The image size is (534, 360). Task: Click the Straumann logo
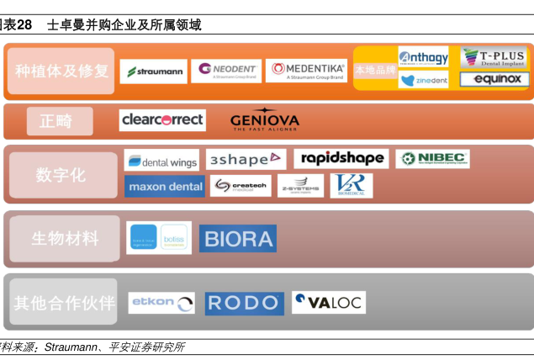point(153,71)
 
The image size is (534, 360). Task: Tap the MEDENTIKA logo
point(305,71)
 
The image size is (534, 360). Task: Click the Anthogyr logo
point(423,57)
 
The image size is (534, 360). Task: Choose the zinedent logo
point(423,80)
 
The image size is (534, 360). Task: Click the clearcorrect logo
point(162,120)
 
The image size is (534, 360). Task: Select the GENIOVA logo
point(265,121)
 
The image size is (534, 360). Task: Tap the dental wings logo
point(161,160)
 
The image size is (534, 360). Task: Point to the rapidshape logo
point(341,158)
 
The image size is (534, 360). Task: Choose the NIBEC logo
point(432,158)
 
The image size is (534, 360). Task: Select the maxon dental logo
point(164,186)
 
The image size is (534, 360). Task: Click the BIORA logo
point(237,239)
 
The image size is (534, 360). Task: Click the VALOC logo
point(328,302)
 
